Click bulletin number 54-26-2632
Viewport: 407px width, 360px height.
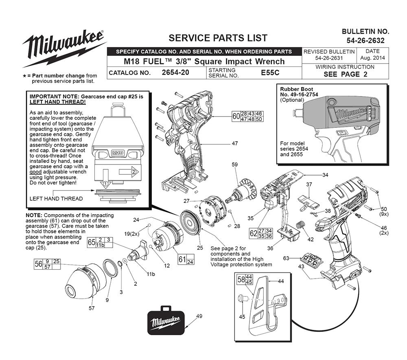[365, 41]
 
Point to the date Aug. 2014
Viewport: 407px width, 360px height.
[372, 59]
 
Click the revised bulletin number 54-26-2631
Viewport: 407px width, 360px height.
[329, 59]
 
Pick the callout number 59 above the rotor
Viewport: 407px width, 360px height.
[234, 165]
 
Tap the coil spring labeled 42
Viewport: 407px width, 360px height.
[300, 225]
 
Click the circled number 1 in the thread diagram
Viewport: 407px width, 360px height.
[105, 184]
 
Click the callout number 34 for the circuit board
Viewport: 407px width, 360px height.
[325, 175]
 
